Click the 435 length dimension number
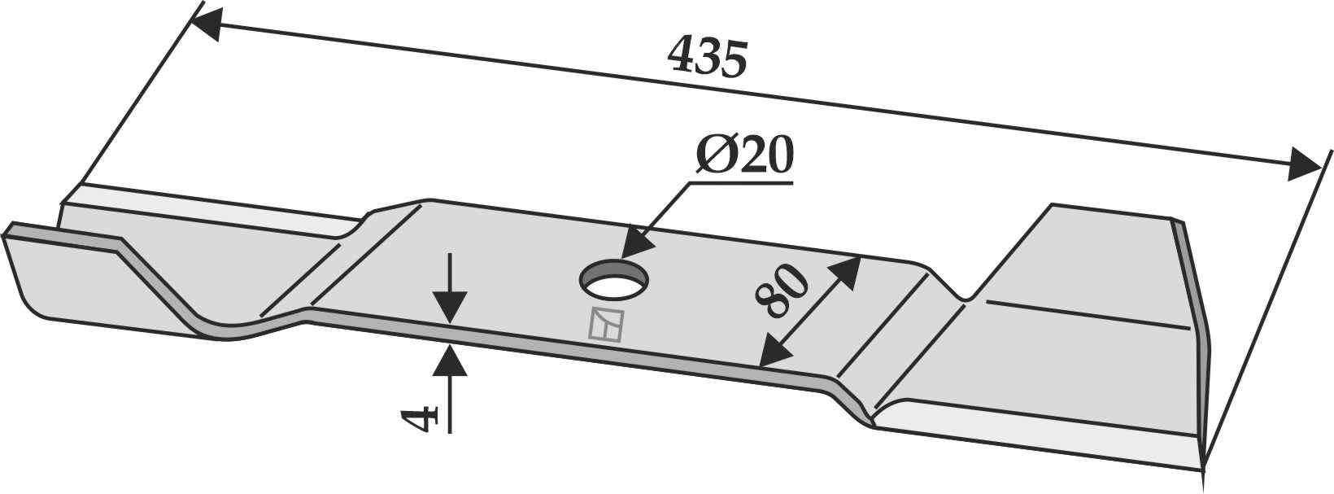(x=705, y=58)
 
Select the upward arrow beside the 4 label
(x=450, y=362)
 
